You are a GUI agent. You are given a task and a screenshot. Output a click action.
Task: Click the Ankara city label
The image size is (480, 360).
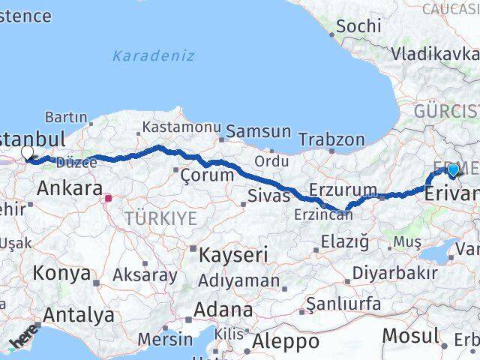[x=68, y=187]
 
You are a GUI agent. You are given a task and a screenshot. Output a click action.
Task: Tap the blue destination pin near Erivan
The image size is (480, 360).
[x=452, y=171]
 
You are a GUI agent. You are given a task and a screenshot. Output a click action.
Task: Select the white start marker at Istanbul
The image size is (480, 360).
[x=28, y=153]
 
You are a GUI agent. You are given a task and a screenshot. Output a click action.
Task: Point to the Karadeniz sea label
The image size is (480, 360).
[x=154, y=55]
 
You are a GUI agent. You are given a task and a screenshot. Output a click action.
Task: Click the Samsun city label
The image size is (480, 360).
[x=258, y=131]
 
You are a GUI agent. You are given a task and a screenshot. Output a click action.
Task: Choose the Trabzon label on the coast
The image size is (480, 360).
[x=331, y=139]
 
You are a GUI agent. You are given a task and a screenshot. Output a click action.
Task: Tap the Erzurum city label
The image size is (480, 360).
[x=342, y=188]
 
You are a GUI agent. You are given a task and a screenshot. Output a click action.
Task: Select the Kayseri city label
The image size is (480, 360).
[x=232, y=255]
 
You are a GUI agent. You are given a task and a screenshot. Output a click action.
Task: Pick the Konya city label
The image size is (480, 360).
[x=62, y=273]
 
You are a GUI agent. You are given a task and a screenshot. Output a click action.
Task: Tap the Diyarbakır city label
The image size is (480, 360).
[x=394, y=271]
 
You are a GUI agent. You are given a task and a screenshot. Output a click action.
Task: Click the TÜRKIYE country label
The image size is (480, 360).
[x=160, y=219]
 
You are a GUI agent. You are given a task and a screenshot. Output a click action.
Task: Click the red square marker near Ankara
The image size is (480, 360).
[x=109, y=199]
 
